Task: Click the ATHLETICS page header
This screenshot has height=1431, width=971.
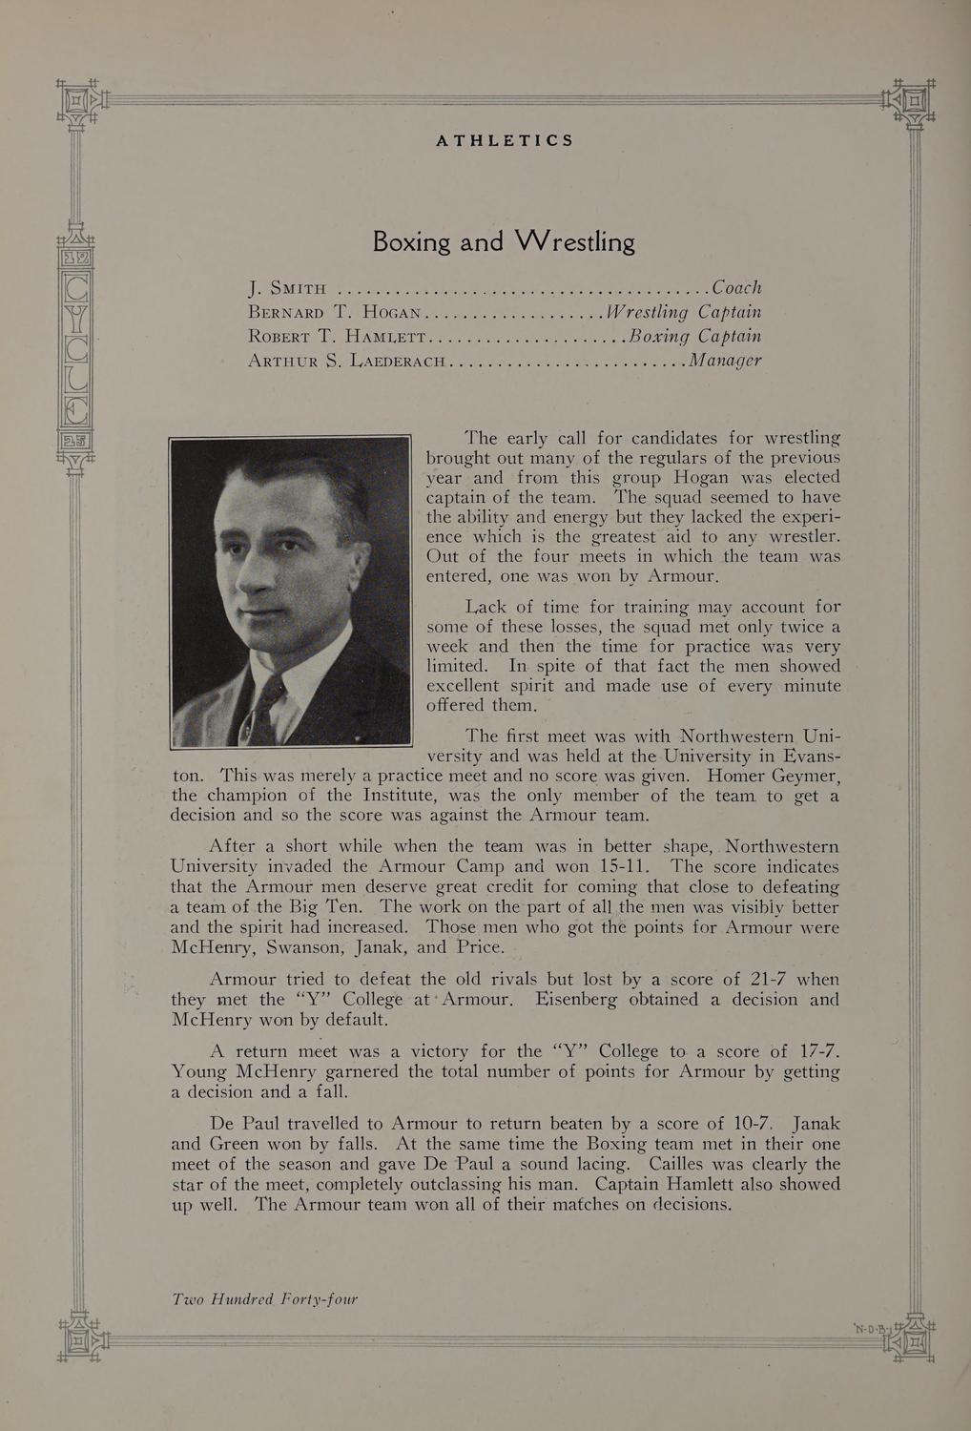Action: point(505,140)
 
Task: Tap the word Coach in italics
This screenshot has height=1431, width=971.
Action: point(736,287)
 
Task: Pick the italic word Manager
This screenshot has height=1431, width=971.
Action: point(726,361)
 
